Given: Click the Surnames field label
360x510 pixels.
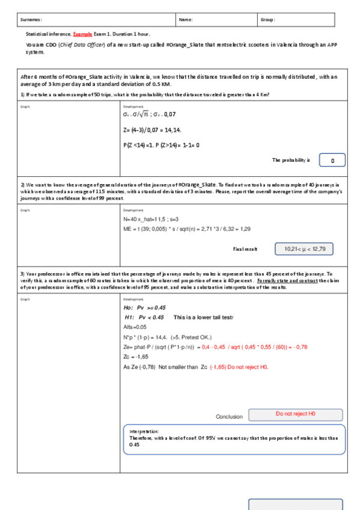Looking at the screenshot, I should [x=31, y=20].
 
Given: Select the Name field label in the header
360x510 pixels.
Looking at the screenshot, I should [x=186, y=20].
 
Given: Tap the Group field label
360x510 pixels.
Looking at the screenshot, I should [x=267, y=20].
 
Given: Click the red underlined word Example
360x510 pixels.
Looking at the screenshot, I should [x=82, y=34].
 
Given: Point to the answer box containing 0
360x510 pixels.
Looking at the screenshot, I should [x=335, y=160].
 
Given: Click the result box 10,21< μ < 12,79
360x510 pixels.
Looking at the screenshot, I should [x=304, y=248].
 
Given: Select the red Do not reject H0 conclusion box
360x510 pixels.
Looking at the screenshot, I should [x=296, y=415].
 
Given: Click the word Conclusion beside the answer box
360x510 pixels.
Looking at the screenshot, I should [x=229, y=416].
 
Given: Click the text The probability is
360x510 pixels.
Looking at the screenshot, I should [x=291, y=160].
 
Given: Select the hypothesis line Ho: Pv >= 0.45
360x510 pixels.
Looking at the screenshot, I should [x=144, y=307].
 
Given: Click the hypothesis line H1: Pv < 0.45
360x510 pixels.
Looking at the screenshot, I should [x=144, y=317].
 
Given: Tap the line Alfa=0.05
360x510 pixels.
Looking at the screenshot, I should [x=135, y=327].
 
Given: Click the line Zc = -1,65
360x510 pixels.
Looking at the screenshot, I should [x=136, y=357].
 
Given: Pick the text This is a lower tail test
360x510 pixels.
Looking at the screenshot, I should [x=203, y=317].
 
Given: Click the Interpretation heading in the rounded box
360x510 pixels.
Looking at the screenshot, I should [x=144, y=431].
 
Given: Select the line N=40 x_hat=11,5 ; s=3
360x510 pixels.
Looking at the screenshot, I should [x=151, y=220].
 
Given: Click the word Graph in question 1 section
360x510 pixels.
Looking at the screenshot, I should [x=25, y=107].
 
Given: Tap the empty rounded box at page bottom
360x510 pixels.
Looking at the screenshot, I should [x=296, y=504].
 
